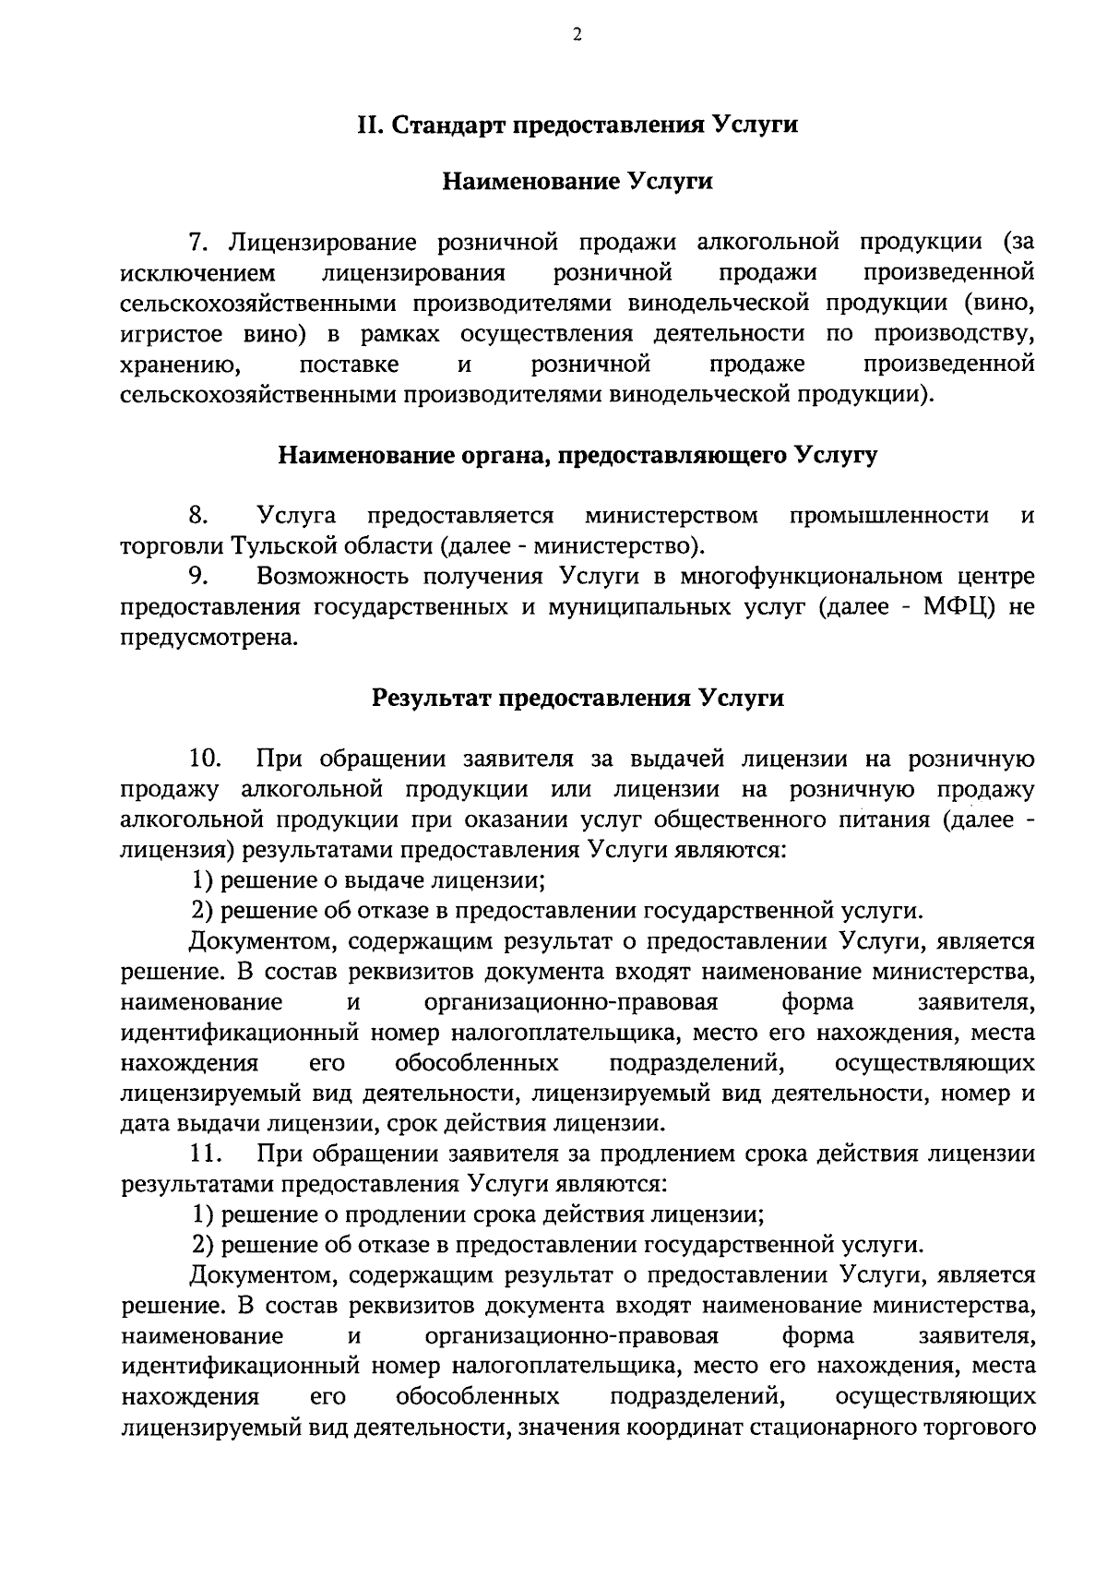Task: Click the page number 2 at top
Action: tap(577, 36)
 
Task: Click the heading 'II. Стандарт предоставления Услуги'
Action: tap(577, 125)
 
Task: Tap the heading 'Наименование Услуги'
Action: tap(577, 181)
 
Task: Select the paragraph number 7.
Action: tap(197, 243)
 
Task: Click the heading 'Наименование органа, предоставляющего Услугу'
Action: tap(577, 455)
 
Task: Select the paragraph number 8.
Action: tap(197, 514)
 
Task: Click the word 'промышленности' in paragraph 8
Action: tap(889, 514)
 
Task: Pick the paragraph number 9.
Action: tap(197, 577)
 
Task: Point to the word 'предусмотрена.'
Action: tap(210, 638)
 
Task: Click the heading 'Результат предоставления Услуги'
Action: tap(577, 697)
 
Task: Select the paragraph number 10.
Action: tap(204, 759)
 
